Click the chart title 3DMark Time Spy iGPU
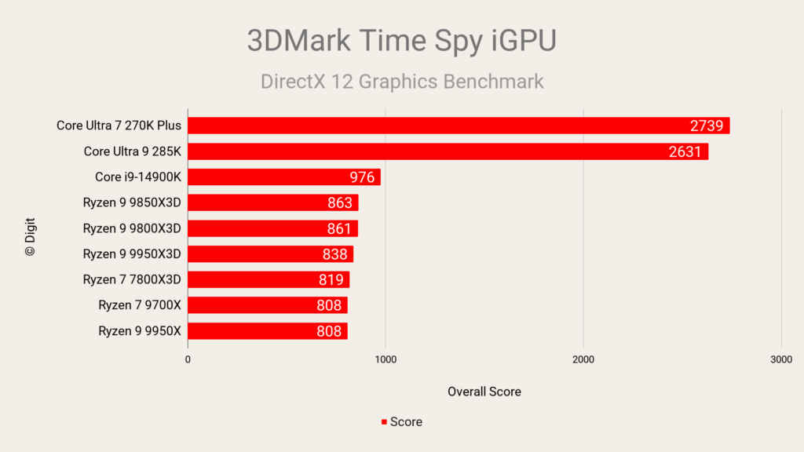coord(401,40)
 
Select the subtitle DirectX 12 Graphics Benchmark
coord(401,81)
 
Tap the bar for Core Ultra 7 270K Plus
coord(459,126)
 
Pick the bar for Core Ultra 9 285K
coord(448,151)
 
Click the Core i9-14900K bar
coord(283,177)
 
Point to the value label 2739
coord(707,126)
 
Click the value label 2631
coord(685,151)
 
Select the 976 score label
coord(362,177)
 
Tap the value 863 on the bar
coord(340,202)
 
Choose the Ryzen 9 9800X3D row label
coord(132,228)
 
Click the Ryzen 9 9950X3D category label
coord(132,253)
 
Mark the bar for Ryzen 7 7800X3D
coord(268,279)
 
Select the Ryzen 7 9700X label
coord(140,305)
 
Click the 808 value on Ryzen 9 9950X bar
coord(329,331)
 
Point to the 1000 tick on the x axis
coord(386,359)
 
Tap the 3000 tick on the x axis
coord(780,359)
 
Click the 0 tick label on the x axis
coord(188,359)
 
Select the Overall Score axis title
coord(484,391)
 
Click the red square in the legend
coord(384,422)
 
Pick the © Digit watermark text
coord(31,237)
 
